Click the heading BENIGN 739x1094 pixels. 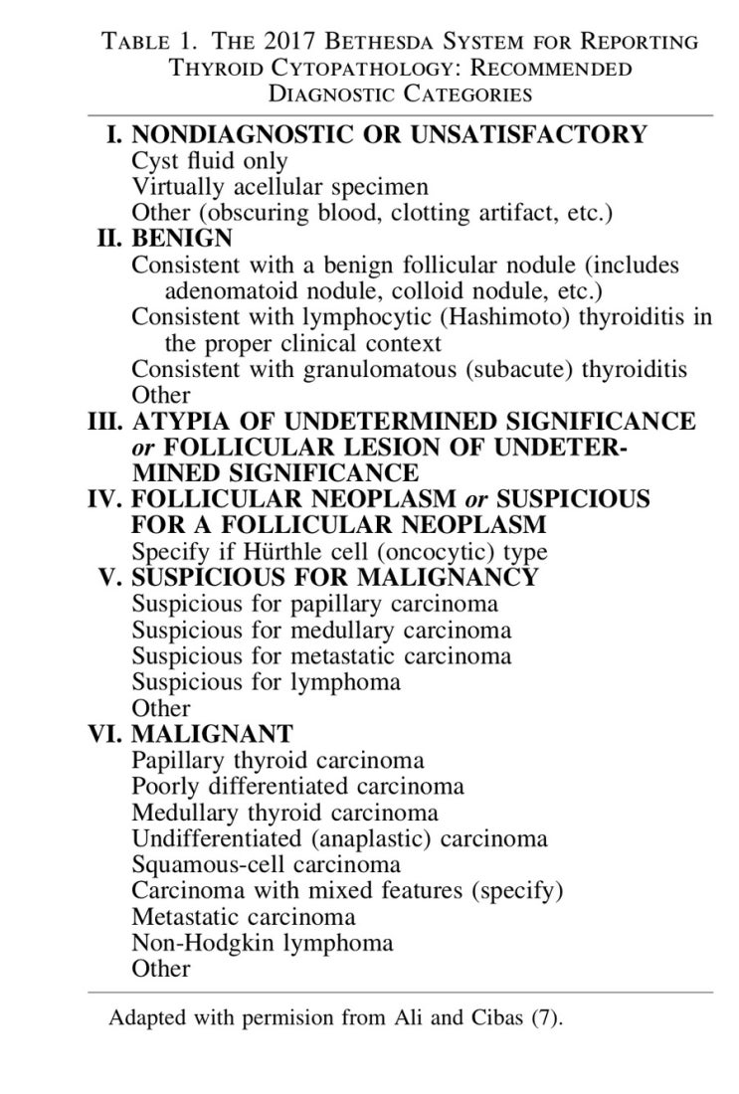coord(182,239)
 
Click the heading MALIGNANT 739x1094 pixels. coord(212,734)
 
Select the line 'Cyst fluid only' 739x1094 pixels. coord(210,161)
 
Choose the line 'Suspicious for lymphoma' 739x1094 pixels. coord(267,681)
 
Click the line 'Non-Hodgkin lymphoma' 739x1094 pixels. coord(262,942)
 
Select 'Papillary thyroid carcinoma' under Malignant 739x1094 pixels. coord(277,761)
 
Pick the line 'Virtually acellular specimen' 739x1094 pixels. coord(279,187)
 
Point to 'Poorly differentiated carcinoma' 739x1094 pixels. coord(297,786)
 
